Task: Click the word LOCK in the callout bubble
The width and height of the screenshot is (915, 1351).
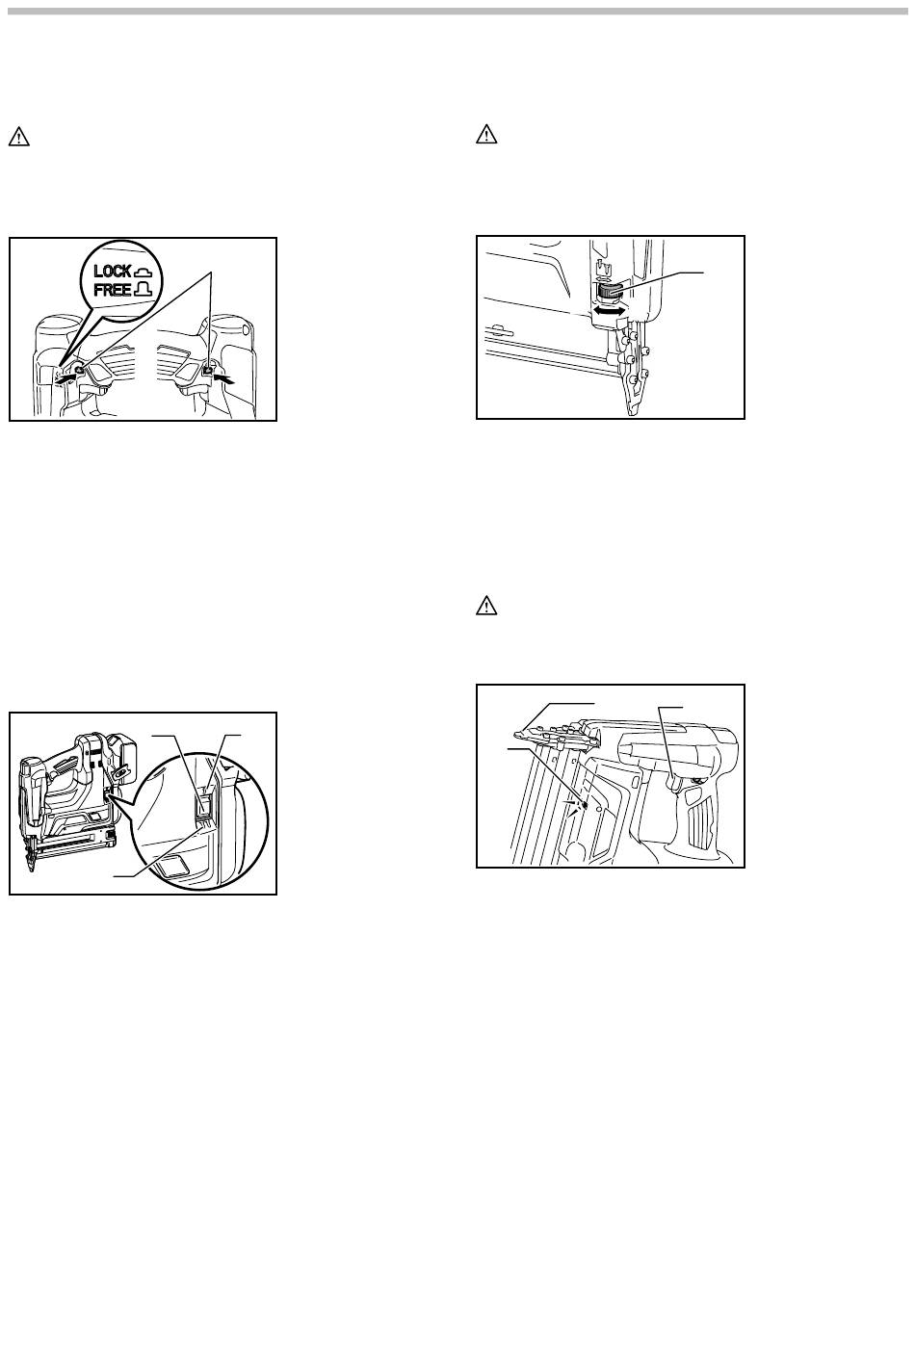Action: point(113,271)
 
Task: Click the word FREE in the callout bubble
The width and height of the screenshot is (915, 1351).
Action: point(113,290)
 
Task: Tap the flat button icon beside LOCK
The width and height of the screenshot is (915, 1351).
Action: point(144,272)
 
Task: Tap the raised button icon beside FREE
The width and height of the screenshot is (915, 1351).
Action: point(144,290)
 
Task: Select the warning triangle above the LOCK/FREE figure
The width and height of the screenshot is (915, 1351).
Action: point(18,137)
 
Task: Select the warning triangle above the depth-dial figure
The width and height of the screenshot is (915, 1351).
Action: point(486,135)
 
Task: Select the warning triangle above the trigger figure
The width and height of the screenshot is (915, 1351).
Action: point(486,605)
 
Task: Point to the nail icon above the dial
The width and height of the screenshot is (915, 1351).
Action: point(600,267)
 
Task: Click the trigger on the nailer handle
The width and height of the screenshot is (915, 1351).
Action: point(675,784)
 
